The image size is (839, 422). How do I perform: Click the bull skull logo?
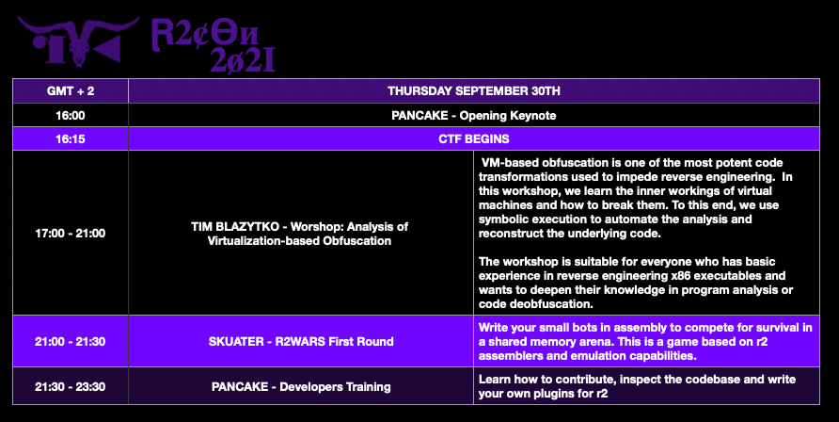78,41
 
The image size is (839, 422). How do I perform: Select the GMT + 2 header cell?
71,91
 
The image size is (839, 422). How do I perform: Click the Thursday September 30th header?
474,91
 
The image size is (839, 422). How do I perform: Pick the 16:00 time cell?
71,115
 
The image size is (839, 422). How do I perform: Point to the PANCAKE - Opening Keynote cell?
474,115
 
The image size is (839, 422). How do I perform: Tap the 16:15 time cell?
71,139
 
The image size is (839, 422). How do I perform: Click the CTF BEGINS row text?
474,139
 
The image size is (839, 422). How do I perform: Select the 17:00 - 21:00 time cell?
71,233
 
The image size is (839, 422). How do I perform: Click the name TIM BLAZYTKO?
235,226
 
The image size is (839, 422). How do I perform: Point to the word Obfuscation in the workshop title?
356,241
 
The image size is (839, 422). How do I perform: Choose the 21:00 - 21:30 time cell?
71,341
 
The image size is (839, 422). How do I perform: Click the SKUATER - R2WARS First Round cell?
301,341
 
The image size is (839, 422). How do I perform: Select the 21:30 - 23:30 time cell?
71,386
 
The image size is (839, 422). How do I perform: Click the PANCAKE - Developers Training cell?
301,386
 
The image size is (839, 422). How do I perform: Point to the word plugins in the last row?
552,394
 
